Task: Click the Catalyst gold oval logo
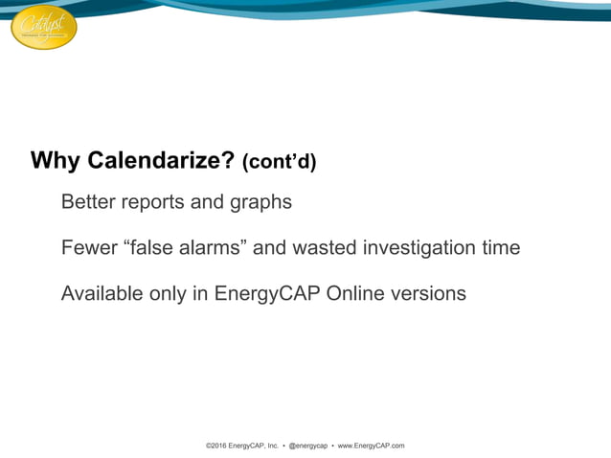43,27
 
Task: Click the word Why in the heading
56,160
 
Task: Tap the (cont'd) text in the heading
279,162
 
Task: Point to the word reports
159,204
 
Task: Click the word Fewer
88,248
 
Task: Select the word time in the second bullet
499,248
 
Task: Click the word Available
102,293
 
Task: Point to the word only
169,294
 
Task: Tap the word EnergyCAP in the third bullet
267,294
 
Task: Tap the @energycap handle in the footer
310,446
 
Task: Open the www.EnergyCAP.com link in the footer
372,446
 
